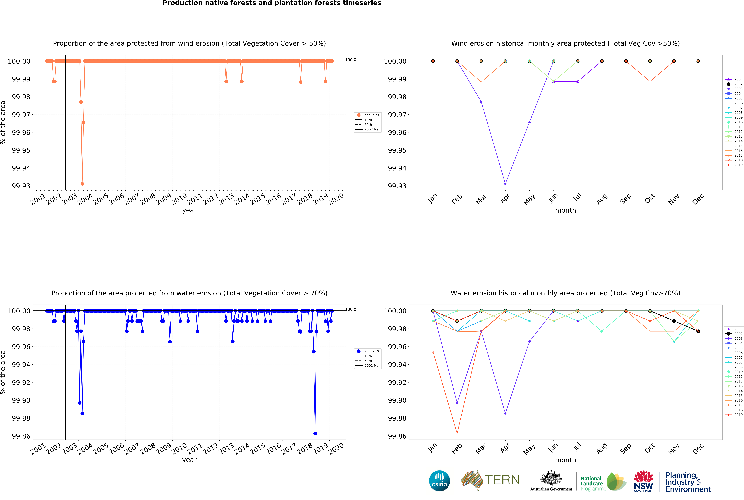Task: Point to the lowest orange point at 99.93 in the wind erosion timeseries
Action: pyautogui.click(x=82, y=184)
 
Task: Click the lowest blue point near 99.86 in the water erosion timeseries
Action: pyautogui.click(x=315, y=433)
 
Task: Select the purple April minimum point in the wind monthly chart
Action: pyautogui.click(x=505, y=184)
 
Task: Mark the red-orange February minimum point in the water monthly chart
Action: pyautogui.click(x=457, y=433)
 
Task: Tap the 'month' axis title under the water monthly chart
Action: pyautogui.click(x=565, y=460)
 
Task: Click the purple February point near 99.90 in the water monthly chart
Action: pyautogui.click(x=457, y=403)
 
